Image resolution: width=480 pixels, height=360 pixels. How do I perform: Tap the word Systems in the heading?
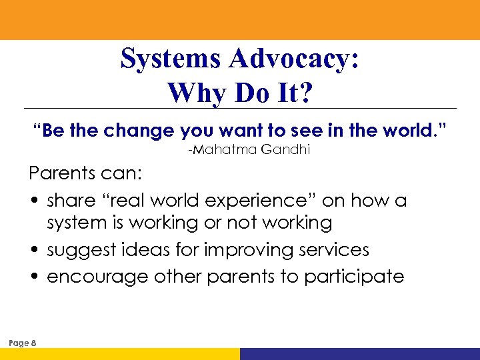[172, 59]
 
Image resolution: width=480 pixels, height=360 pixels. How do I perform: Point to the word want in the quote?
[233, 130]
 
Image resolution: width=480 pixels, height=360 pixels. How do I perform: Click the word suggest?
[82, 251]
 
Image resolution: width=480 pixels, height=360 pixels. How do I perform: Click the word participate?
[354, 277]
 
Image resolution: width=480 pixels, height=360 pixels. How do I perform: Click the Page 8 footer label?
[23, 343]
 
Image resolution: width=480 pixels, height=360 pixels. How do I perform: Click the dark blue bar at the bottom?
[359, 354]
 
